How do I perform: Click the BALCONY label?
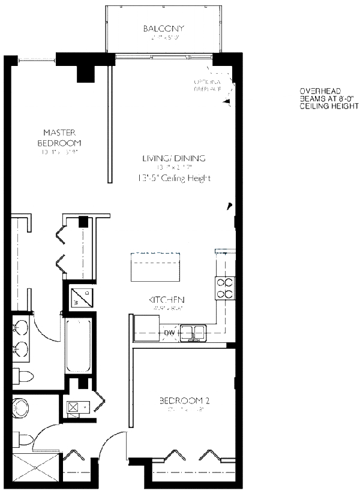tap(163, 29)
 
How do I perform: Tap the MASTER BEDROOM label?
tap(59, 137)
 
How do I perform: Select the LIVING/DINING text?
tap(174, 158)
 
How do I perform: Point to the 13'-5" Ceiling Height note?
tap(174, 178)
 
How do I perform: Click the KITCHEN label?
tap(167, 300)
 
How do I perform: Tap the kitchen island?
tap(156, 267)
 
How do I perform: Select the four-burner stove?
tap(225, 288)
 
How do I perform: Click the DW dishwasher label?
tap(169, 333)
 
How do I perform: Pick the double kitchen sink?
tap(193, 332)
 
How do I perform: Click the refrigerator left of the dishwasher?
tap(146, 327)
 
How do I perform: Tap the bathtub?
tap(76, 346)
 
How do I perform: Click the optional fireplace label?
tap(207, 85)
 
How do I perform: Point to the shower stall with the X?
tap(36, 466)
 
